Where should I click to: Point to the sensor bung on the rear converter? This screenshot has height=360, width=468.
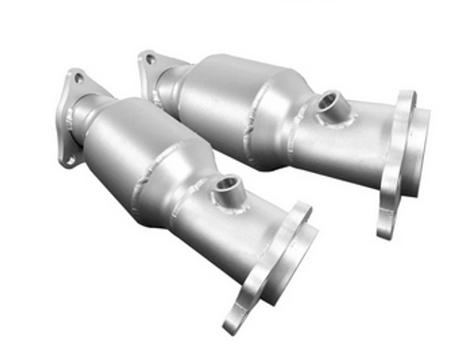[329, 101]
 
